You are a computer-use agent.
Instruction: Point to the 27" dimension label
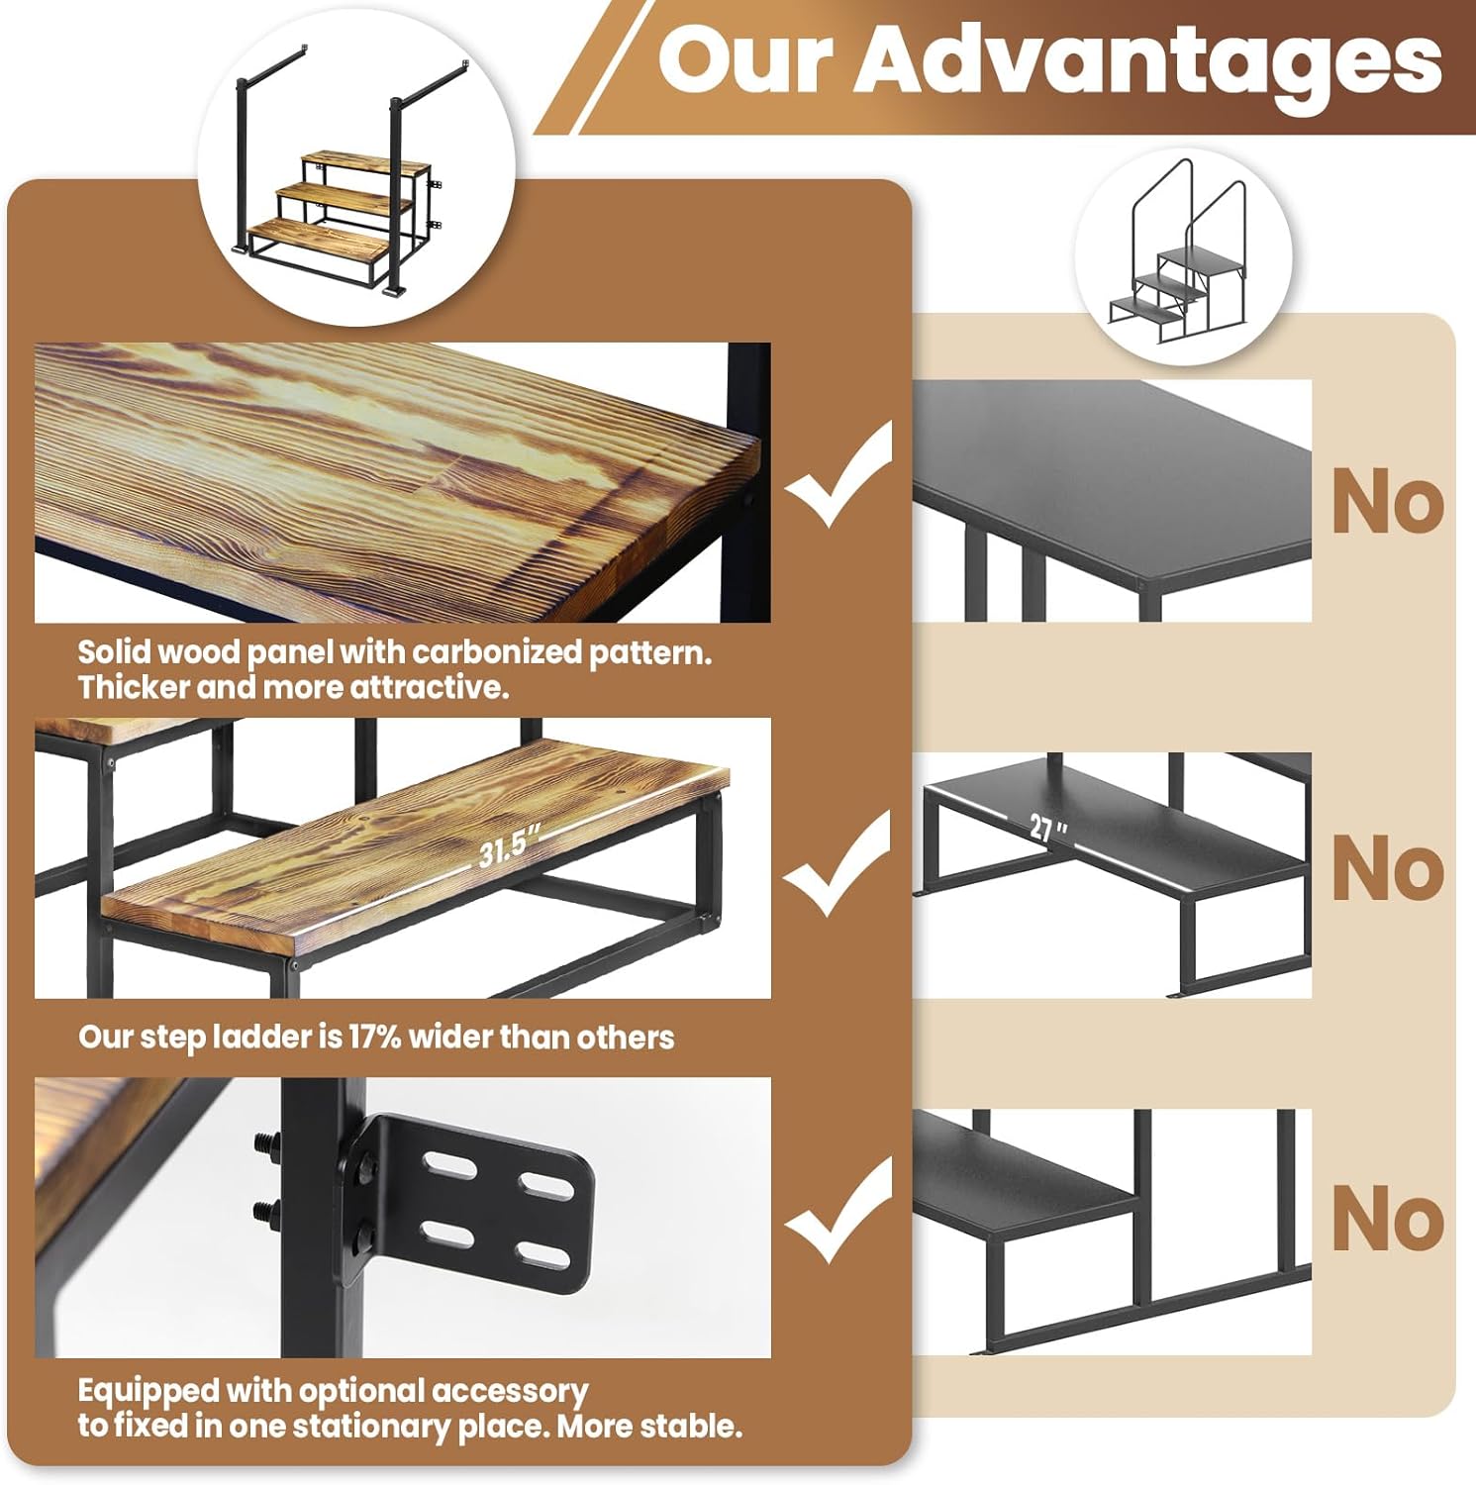[1047, 827]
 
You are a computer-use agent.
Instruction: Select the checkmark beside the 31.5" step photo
[839, 862]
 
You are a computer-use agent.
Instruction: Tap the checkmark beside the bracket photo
[839, 1210]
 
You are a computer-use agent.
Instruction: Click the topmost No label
[1388, 503]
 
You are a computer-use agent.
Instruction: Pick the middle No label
[1388, 868]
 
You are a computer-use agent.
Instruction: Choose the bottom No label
[1388, 1219]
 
